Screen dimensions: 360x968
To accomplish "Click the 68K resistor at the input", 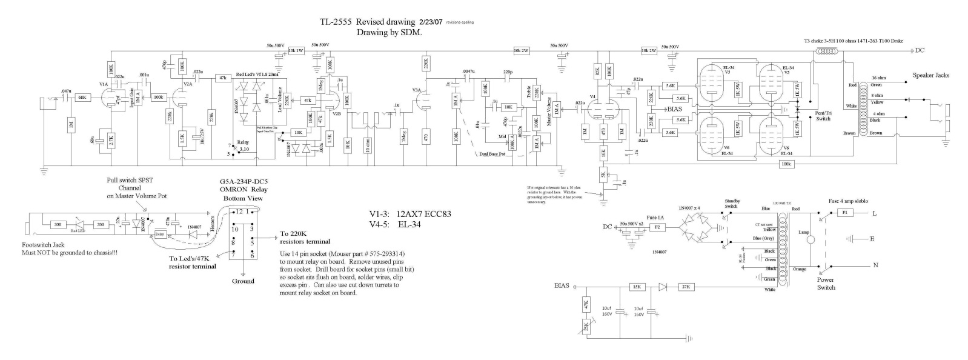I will pos(83,97).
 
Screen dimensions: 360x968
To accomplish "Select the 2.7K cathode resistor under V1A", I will pos(110,139).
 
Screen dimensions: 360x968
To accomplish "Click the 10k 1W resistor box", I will pos(296,51).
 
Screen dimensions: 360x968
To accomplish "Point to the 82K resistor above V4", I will pos(597,71).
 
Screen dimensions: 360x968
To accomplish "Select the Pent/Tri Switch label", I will pos(823,116).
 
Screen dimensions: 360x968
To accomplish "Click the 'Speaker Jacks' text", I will pos(930,75).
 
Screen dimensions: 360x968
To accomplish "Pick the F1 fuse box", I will pos(843,213).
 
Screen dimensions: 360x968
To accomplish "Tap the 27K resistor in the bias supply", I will pos(686,287).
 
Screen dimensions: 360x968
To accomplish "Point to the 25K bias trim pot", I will pos(585,327).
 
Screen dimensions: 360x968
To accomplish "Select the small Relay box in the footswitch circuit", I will pos(161,234).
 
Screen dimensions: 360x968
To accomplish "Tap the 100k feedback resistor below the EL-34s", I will pos(786,164).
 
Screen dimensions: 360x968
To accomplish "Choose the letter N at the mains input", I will pos(874,265).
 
